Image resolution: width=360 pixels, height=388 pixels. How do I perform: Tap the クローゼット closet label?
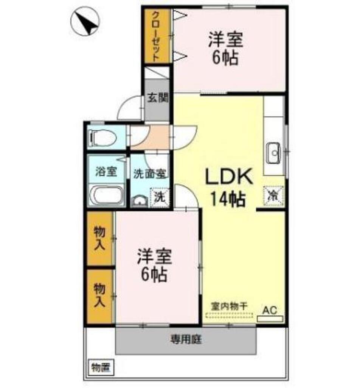pos(155,36)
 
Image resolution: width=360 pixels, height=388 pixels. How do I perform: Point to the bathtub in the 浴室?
pos(108,195)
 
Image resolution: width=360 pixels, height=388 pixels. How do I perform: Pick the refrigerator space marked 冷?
pos(273,195)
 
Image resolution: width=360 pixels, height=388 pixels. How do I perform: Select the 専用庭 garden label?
pos(185,339)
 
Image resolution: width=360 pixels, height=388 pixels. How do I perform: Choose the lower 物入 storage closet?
pos(99,296)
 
